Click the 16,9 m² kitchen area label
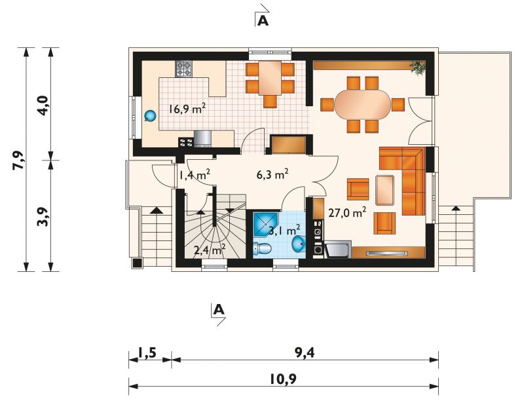pyautogui.click(x=187, y=109)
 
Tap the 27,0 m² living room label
pyautogui.click(x=347, y=212)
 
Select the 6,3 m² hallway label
pyautogui.click(x=272, y=174)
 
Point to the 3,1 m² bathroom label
pyautogui.click(x=284, y=230)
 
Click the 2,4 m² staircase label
pyautogui.click(x=210, y=249)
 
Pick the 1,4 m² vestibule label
pyautogui.click(x=195, y=174)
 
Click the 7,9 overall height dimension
pyautogui.click(x=19, y=160)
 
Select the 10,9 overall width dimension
pyautogui.click(x=284, y=379)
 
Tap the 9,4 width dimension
pyautogui.click(x=305, y=353)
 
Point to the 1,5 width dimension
pyautogui.click(x=147, y=353)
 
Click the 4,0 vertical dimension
pyautogui.click(x=44, y=105)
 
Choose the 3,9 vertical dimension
pyautogui.click(x=44, y=217)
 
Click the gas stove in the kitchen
pyautogui.click(x=184, y=69)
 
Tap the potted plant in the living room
pyautogui.click(x=418, y=68)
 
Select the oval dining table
pyautogui.click(x=363, y=104)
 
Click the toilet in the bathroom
pyautogui.click(x=262, y=248)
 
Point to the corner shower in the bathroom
pyautogui.click(x=266, y=224)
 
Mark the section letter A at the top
pyautogui.click(x=263, y=21)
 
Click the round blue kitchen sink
pyautogui.click(x=150, y=115)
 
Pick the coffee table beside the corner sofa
pyautogui.click(x=384, y=190)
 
